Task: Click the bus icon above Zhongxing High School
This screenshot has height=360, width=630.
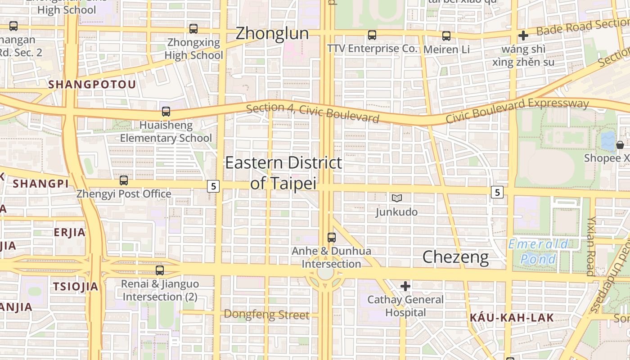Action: click(x=193, y=29)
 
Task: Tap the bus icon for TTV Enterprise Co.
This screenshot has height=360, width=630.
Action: click(x=372, y=35)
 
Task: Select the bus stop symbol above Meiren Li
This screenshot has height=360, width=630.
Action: click(x=446, y=36)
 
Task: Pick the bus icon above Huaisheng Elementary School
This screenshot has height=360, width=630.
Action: click(x=166, y=112)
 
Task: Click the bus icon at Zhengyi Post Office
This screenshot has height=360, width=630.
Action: click(x=124, y=180)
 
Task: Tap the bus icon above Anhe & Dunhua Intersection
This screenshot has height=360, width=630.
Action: click(x=332, y=237)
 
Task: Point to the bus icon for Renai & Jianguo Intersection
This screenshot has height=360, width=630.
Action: click(x=160, y=270)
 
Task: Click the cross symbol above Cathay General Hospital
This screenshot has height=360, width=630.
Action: click(x=405, y=286)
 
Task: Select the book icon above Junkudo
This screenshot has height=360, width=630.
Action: click(x=396, y=198)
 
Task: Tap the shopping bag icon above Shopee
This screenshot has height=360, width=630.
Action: click(x=620, y=145)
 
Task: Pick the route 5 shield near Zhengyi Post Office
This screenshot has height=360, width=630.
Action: click(x=213, y=186)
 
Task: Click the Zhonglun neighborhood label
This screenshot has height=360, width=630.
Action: click(x=272, y=33)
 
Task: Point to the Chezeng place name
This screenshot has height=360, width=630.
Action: click(x=455, y=257)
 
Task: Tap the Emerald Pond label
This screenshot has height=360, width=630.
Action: click(x=538, y=252)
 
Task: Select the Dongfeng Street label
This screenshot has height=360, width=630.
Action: click(x=266, y=315)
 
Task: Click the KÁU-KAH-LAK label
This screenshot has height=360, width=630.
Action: click(x=512, y=318)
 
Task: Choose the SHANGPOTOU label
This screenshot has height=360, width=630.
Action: click(x=92, y=85)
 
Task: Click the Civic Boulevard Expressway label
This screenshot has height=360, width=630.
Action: click(x=517, y=110)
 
